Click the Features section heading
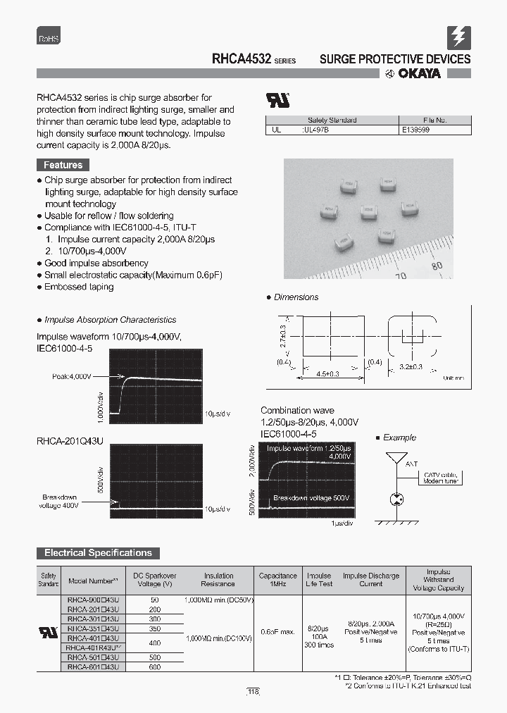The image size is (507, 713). click(63, 165)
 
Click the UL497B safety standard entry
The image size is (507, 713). click(315, 130)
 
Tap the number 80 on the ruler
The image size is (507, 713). click(437, 266)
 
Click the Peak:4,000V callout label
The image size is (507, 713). click(72, 377)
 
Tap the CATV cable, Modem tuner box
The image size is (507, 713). click(441, 478)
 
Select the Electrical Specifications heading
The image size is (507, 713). click(98, 553)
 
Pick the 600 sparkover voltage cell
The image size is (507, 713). click(154, 666)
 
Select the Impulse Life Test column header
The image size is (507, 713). click(319, 579)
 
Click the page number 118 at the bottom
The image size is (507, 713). click(253, 693)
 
